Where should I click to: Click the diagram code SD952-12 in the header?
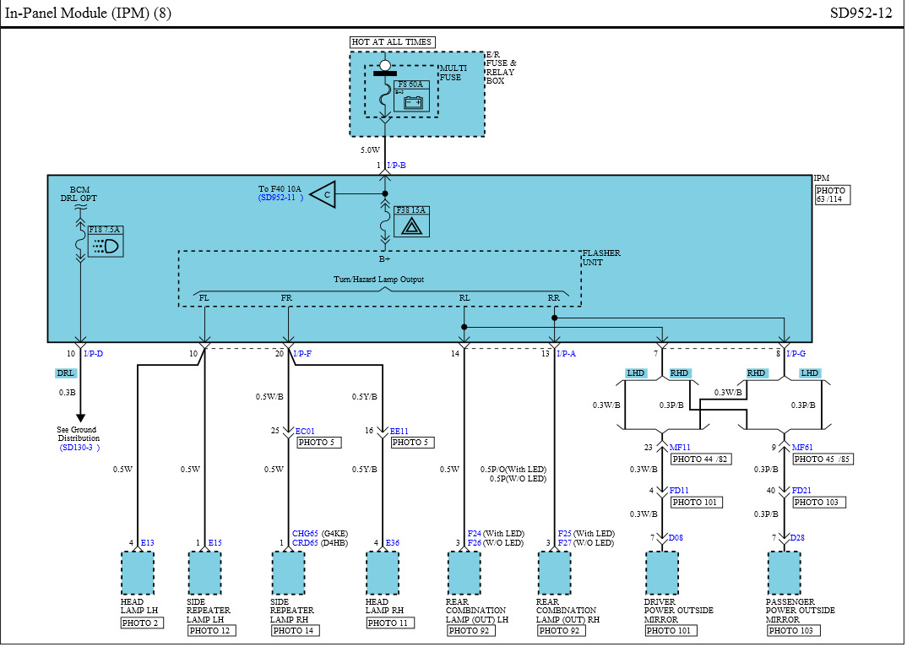pos(861,14)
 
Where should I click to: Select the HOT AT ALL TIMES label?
pos(392,42)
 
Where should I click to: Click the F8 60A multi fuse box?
pos(411,96)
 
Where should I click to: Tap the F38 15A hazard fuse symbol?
pos(411,221)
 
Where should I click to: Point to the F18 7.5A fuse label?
pos(105,229)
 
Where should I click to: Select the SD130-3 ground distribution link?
pos(80,448)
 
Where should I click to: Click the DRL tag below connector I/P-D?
pos(66,372)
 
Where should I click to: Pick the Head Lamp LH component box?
pos(138,574)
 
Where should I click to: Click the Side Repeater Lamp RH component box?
pos(288,574)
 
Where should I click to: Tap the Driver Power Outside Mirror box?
pos(662,574)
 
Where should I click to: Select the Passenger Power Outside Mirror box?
pos(785,574)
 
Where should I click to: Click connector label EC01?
pos(305,431)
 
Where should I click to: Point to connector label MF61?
pos(801,448)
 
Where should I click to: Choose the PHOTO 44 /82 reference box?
pos(699,459)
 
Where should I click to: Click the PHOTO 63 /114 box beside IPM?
pos(833,195)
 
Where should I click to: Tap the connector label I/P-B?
pos(396,166)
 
